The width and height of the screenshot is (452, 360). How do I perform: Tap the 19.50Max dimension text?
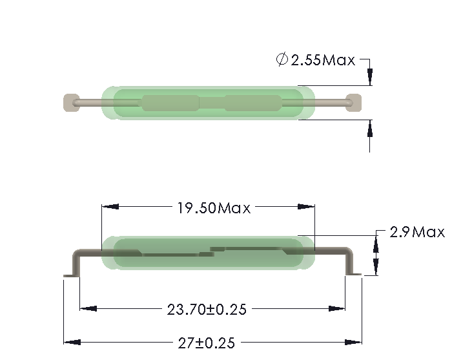coord(214,207)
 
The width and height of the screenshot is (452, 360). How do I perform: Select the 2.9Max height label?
coord(417,232)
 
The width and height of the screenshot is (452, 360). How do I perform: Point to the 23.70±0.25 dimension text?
coord(207,309)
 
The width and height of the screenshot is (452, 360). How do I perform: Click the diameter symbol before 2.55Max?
coord(282,60)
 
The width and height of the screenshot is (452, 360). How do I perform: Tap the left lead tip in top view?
coord(69,101)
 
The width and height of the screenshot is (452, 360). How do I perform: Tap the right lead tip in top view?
coord(353,101)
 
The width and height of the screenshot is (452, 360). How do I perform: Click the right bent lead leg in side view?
coord(351,264)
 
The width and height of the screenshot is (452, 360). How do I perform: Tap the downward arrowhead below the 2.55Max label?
coord(370,78)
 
